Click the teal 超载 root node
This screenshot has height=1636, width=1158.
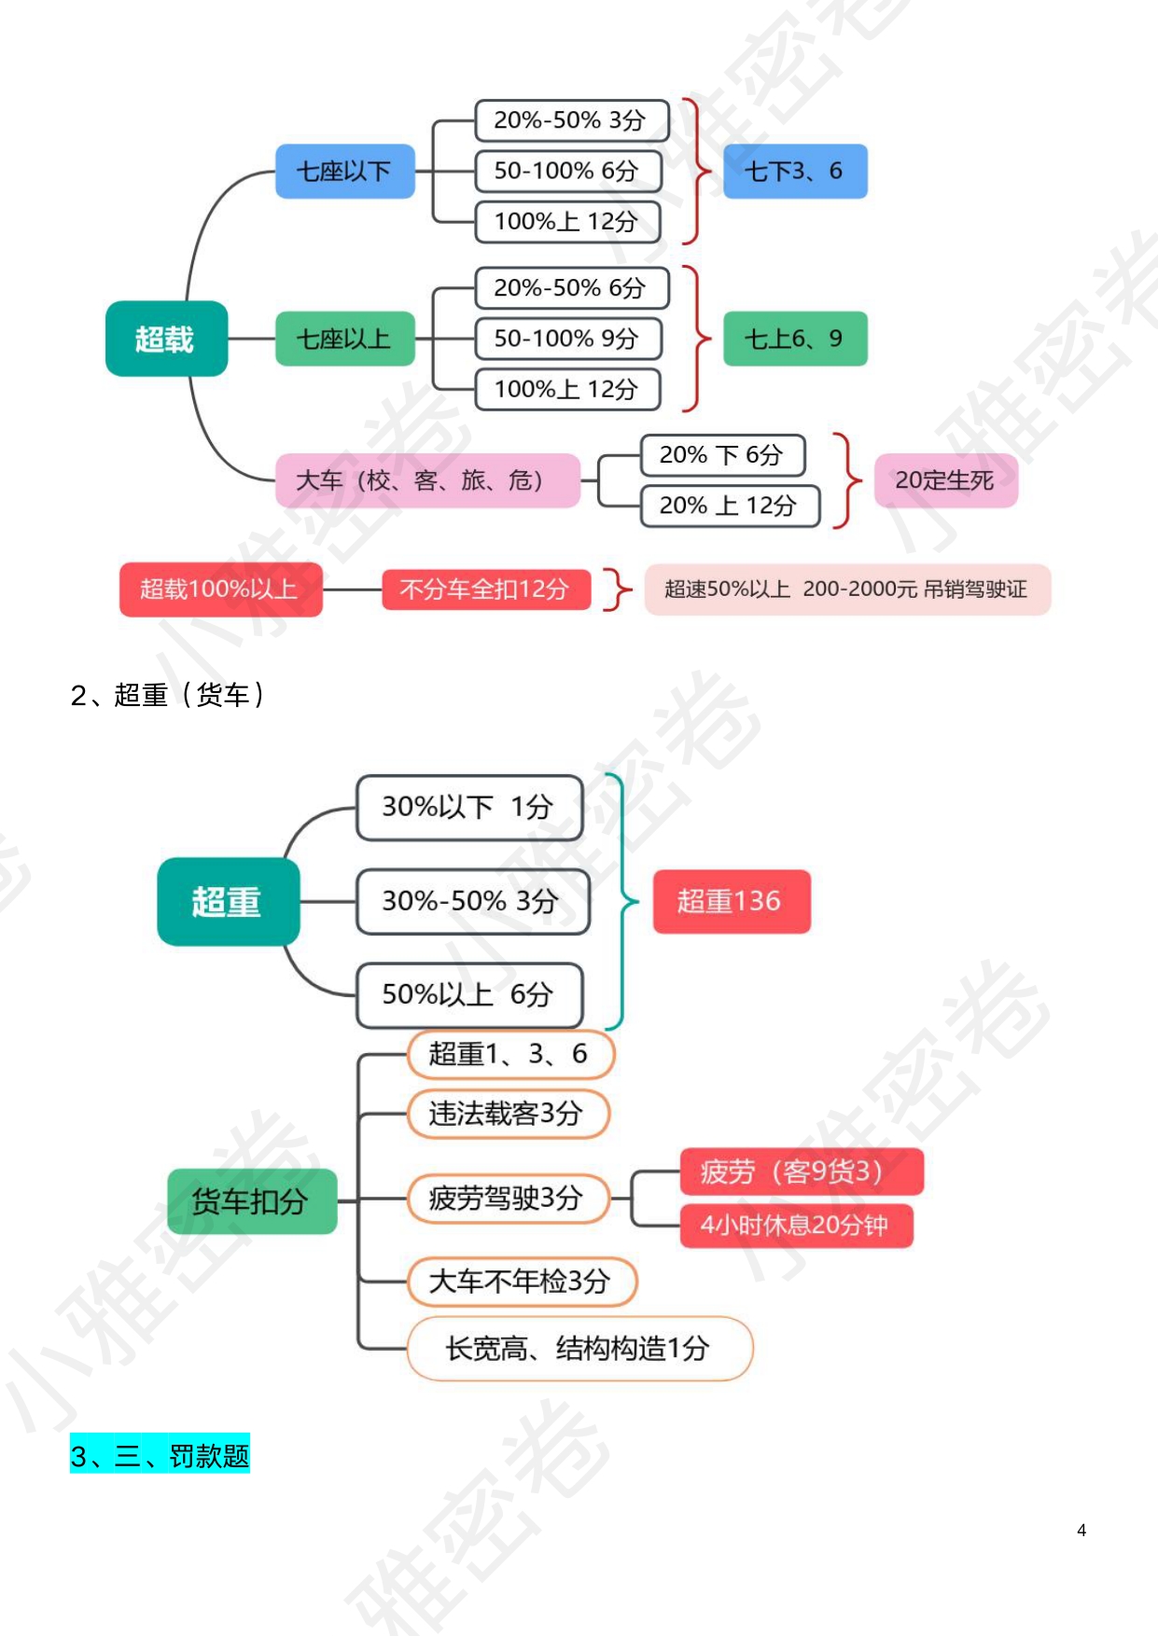pos(166,339)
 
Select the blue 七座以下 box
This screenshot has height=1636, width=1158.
pos(344,172)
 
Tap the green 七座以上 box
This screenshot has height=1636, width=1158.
pos(344,339)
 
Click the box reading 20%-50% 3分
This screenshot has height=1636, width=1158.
pos(571,120)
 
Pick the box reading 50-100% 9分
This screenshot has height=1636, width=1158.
pos(567,339)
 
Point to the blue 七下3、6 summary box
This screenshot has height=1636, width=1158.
pos(795,172)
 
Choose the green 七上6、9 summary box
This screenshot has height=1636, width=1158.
pos(795,339)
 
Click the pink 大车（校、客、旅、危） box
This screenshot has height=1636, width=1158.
pos(427,480)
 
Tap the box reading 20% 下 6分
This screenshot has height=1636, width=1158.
pos(721,455)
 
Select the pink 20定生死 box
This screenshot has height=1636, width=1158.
pos(945,480)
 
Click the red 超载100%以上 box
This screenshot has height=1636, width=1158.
pos(220,589)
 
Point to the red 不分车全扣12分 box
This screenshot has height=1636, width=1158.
pos(485,589)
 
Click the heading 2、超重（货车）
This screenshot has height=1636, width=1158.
pos(168,695)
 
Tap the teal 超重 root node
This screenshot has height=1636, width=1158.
pos(228,902)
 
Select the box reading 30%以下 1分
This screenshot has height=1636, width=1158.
pos(469,807)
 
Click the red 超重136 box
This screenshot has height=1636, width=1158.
pos(731,901)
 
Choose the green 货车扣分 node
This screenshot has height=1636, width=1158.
pos(251,1201)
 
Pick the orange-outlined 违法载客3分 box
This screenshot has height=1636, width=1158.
pos(508,1114)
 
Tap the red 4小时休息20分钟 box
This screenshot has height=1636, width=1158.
pos(795,1226)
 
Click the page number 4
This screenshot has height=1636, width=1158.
pos(1081,1530)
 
